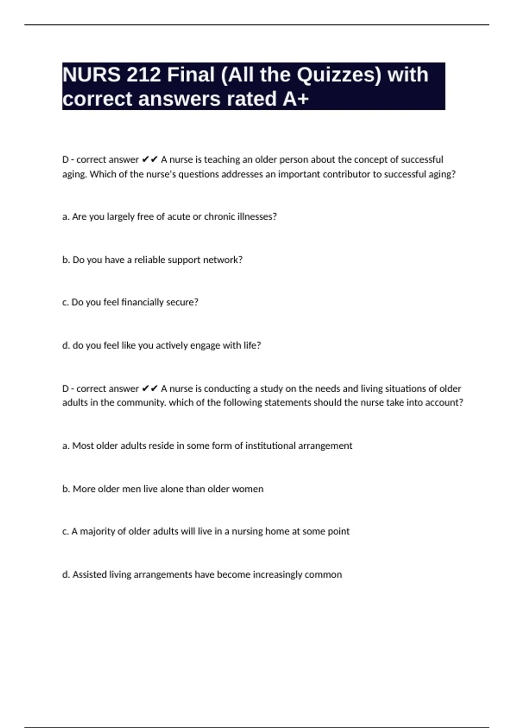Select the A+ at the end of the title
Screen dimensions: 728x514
[x=296, y=99]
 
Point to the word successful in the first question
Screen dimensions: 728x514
[x=422, y=160]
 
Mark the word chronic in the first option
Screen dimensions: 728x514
[x=219, y=217]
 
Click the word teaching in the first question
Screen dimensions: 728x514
[x=222, y=160]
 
